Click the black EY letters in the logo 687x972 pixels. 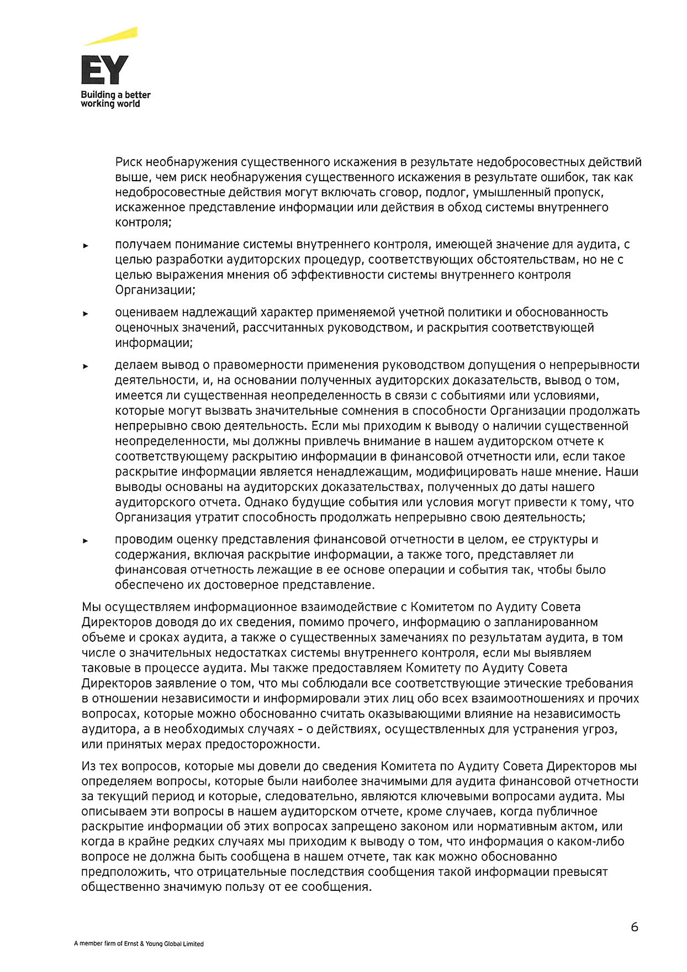click(x=104, y=70)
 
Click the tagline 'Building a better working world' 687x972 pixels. click(x=115, y=99)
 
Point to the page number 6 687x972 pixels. click(x=635, y=927)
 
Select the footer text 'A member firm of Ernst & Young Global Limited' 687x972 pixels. click(x=139, y=944)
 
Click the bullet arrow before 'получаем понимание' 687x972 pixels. click(x=86, y=246)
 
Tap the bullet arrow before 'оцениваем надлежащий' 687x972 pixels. click(x=86, y=314)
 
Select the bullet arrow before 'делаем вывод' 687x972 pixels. click(x=86, y=366)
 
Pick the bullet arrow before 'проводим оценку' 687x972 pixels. click(x=86, y=541)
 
